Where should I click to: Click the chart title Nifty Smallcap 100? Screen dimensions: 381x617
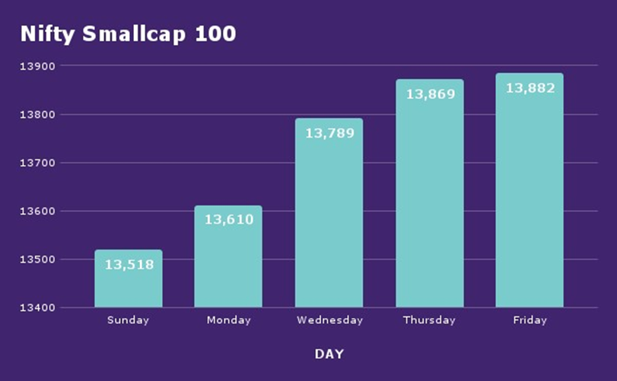[x=128, y=34]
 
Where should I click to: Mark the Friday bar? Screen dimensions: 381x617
[x=530, y=198]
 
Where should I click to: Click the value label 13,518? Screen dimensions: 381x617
[x=129, y=265]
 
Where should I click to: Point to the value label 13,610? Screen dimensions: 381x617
[x=228, y=220]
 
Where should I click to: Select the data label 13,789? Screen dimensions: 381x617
[x=329, y=133]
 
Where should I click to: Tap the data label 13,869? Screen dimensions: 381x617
[x=430, y=94]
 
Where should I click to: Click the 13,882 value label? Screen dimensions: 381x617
[x=530, y=88]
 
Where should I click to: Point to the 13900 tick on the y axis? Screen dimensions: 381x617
[x=37, y=66]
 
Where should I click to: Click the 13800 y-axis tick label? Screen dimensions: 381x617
[x=37, y=115]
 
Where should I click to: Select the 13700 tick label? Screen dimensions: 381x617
[x=37, y=163]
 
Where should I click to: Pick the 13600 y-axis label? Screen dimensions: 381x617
[x=37, y=211]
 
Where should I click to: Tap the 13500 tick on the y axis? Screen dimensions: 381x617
[x=37, y=259]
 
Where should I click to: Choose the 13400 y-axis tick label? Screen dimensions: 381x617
[x=37, y=308]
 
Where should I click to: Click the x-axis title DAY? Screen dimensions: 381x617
[x=329, y=354]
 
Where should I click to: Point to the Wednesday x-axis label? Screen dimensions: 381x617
[x=329, y=320]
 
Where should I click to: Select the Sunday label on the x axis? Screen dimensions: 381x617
[x=129, y=320]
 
